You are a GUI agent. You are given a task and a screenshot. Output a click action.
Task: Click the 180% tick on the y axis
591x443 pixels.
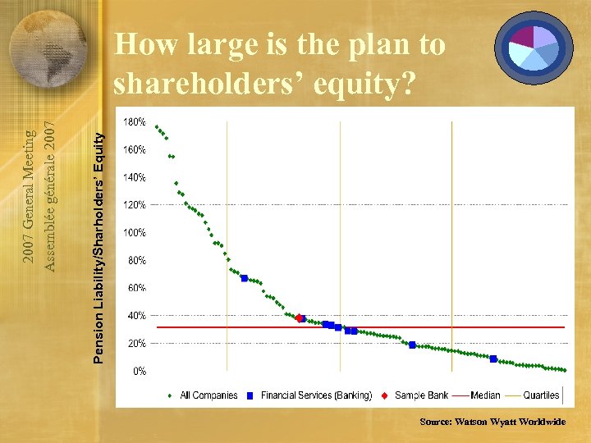point(135,121)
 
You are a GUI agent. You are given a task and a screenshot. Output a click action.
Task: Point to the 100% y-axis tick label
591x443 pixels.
point(135,232)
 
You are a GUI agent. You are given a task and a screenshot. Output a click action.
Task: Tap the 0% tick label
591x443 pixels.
point(140,371)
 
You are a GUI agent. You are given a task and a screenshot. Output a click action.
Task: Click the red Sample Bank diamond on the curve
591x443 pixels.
point(299,317)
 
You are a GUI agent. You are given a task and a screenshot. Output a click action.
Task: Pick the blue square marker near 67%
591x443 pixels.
point(244,278)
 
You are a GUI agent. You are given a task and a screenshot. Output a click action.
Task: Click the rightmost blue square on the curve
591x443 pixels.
point(492,359)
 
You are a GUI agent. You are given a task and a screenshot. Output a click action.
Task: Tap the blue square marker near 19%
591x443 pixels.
point(412,345)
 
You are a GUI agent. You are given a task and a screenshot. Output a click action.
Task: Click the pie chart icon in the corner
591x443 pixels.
point(534,47)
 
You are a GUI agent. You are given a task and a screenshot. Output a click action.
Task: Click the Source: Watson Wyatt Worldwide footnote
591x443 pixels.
point(492,421)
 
